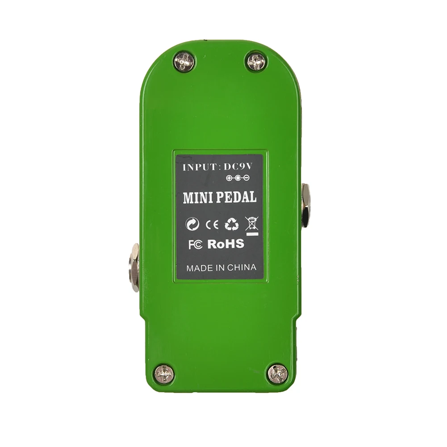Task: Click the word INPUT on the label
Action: point(199,167)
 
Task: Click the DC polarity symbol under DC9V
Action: point(238,178)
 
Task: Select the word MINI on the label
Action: point(195,198)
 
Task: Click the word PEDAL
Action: point(234,197)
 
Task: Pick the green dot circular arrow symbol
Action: point(192,225)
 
